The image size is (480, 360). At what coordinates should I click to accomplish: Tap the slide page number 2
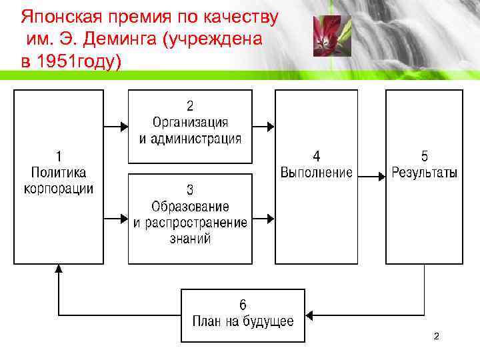[436, 337]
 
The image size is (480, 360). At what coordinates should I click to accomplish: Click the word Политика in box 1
[59, 173]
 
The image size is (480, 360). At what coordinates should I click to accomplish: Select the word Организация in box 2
[190, 123]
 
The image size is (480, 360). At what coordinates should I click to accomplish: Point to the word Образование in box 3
[190, 207]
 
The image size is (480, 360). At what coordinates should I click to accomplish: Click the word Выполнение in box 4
[316, 173]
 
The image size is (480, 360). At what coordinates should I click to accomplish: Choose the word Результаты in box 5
[425, 173]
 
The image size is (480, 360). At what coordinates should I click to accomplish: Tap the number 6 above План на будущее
[243, 306]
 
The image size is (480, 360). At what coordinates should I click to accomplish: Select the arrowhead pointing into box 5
[381, 177]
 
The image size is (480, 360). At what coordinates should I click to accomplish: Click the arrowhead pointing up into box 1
[59, 269]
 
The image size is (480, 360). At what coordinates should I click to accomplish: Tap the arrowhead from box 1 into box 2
[124, 125]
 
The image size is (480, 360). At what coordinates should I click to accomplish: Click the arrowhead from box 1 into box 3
[124, 218]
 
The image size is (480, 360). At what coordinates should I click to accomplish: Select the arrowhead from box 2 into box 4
[270, 125]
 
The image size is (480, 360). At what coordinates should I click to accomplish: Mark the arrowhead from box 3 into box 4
[270, 218]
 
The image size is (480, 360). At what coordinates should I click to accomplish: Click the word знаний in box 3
[190, 238]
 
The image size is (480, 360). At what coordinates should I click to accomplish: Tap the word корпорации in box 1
[59, 189]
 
